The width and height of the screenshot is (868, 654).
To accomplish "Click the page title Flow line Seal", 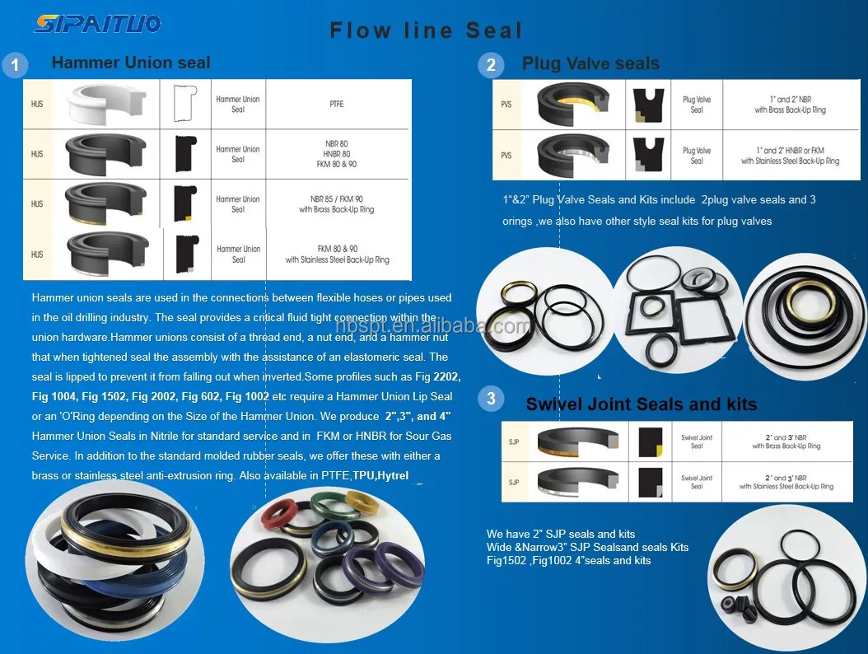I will pyautogui.click(x=426, y=30).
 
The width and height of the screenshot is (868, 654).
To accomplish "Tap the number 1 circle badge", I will pyautogui.click(x=15, y=65).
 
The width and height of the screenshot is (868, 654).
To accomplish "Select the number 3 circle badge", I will pyautogui.click(x=492, y=399).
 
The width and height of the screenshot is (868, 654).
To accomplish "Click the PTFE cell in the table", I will pyautogui.click(x=336, y=105).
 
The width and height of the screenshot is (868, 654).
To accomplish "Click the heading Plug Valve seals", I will pyautogui.click(x=590, y=63).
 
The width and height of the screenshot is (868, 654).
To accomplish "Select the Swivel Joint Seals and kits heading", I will pyautogui.click(x=641, y=404).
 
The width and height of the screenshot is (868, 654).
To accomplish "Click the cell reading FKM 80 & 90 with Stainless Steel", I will pyautogui.click(x=338, y=254).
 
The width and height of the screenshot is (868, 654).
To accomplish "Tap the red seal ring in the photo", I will pyautogui.click(x=278, y=515).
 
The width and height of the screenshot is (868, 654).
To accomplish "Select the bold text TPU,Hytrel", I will pyautogui.click(x=380, y=475).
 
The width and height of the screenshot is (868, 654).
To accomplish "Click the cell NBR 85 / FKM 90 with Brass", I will pyautogui.click(x=336, y=203).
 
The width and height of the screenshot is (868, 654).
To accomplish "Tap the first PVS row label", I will pyautogui.click(x=506, y=105).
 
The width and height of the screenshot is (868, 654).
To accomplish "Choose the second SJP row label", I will pyautogui.click(x=514, y=482).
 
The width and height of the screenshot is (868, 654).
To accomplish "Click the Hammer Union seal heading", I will pyautogui.click(x=131, y=63).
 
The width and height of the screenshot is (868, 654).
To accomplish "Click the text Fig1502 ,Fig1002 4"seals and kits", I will pyautogui.click(x=568, y=560).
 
